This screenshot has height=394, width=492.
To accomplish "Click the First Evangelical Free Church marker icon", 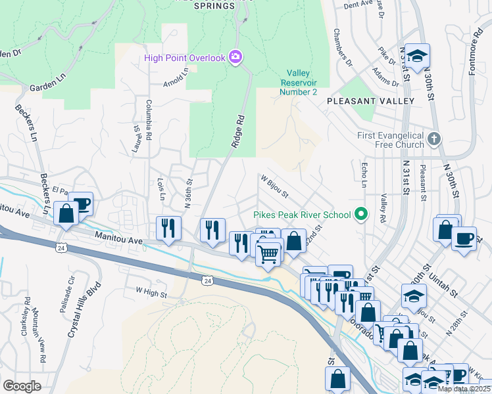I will pyautogui.click(x=433, y=139).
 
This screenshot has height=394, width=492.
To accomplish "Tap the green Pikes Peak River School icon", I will pyautogui.click(x=360, y=213).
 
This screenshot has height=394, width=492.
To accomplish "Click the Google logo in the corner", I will pyautogui.click(x=22, y=385).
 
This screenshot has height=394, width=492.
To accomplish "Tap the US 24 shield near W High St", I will pyautogui.click(x=207, y=280).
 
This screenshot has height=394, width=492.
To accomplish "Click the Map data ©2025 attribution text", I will pyautogui.click(x=464, y=389).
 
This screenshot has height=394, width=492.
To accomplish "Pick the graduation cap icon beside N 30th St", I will pyautogui.click(x=416, y=56).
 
